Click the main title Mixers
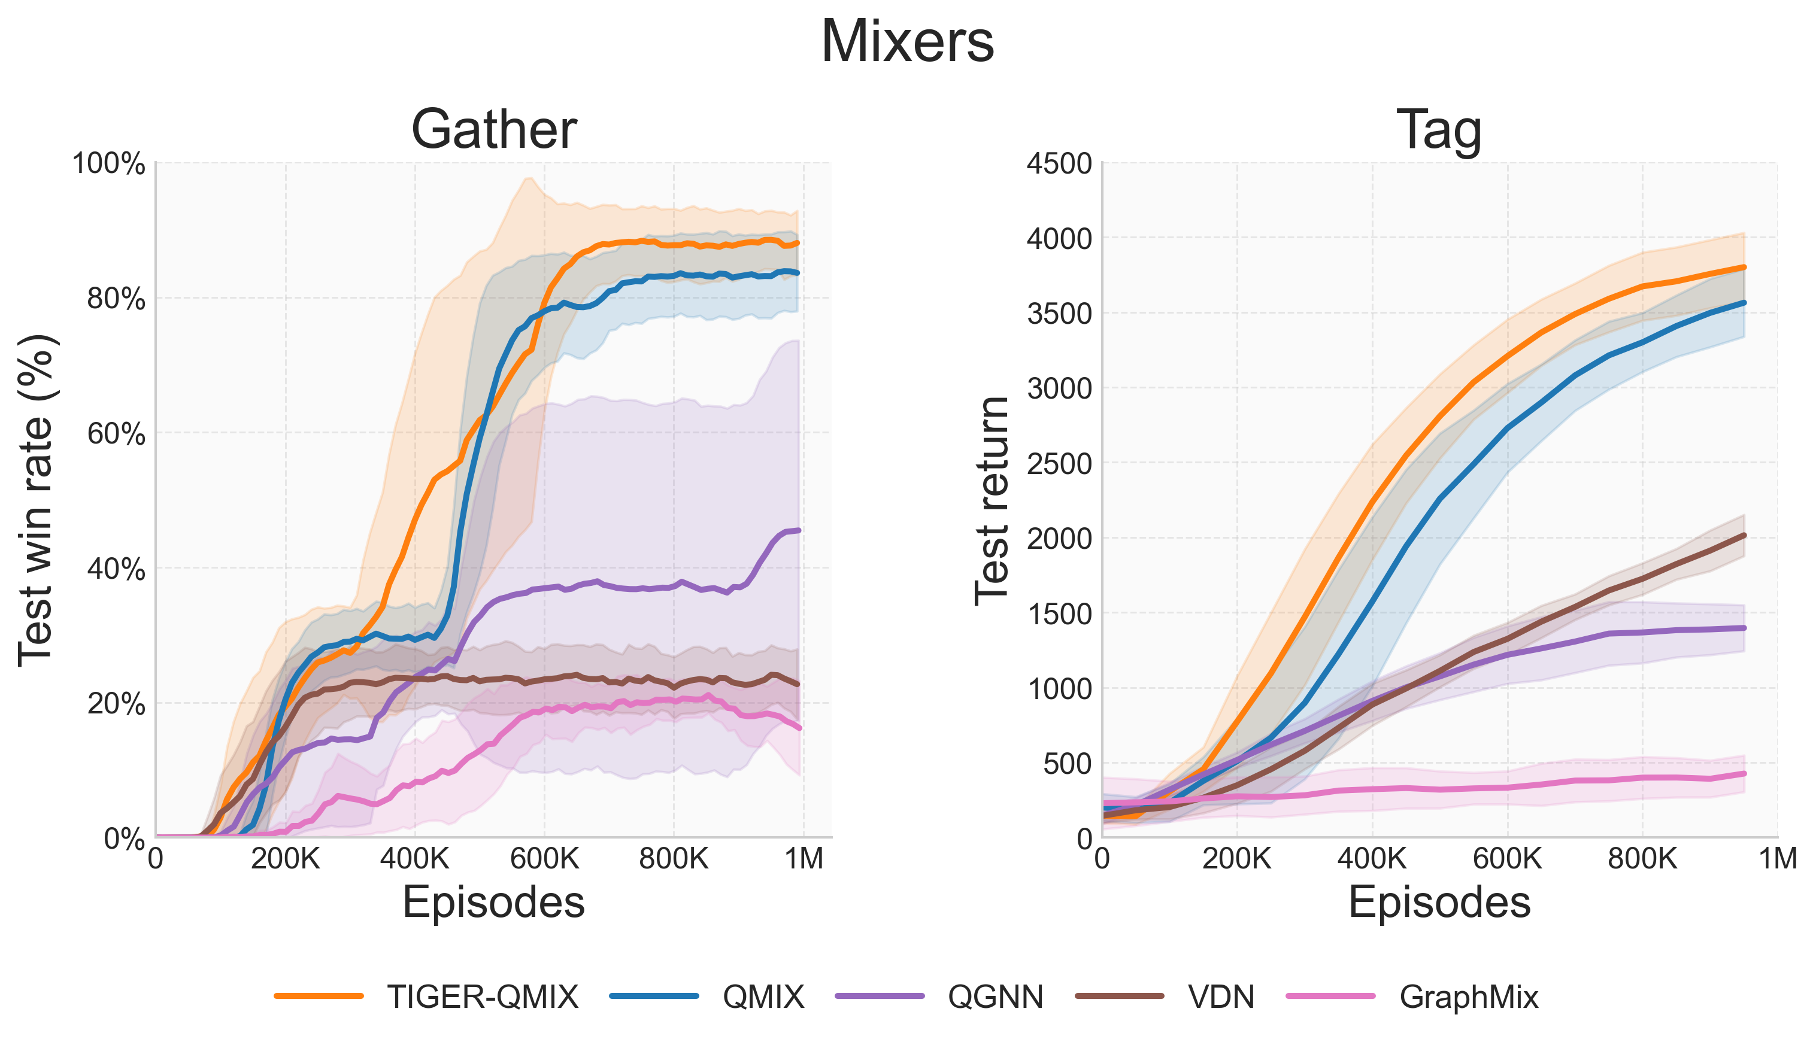[907, 42]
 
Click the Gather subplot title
[494, 129]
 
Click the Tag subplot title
[1439, 129]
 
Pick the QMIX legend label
[763, 997]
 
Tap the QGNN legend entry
[995, 997]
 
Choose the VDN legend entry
[1221, 997]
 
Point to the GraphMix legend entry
[1469, 997]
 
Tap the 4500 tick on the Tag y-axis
[1059, 163]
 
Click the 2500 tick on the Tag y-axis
[1059, 464]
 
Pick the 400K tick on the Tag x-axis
[1372, 858]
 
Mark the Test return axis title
[993, 500]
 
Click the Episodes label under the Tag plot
[1439, 902]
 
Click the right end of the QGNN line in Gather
[798, 530]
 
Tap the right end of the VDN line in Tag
[1744, 534]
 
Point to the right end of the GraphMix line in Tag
[1744, 774]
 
